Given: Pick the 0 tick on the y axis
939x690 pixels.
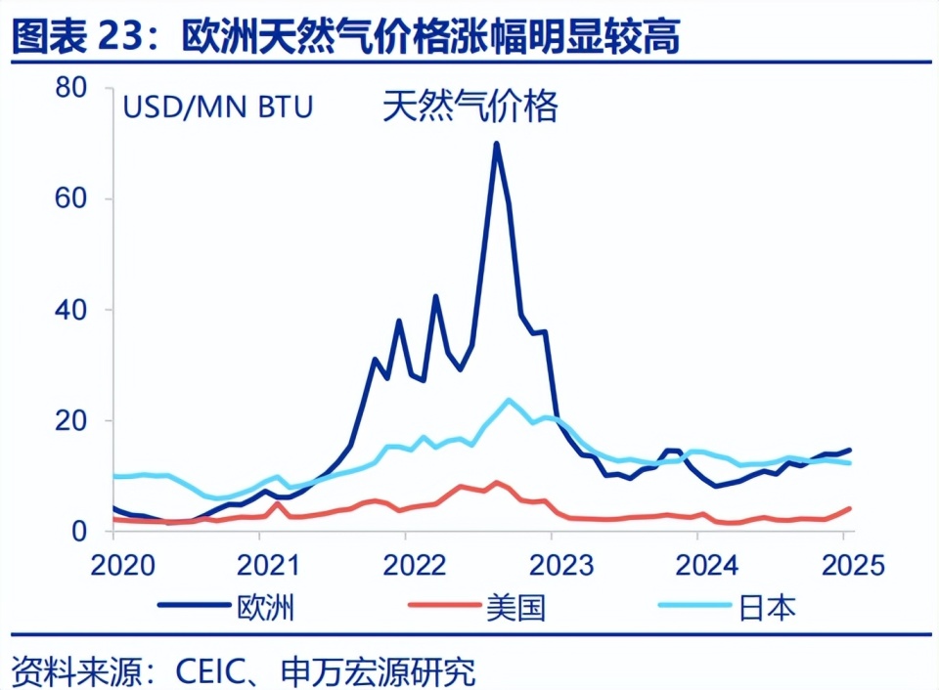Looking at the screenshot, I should tap(83, 532).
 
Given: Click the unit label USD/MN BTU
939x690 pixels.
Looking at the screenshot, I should tap(218, 107).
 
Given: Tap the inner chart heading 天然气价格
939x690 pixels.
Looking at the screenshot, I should tap(469, 106).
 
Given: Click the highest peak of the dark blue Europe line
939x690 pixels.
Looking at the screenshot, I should tap(497, 144).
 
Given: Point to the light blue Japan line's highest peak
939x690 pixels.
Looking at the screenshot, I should tap(509, 399).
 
